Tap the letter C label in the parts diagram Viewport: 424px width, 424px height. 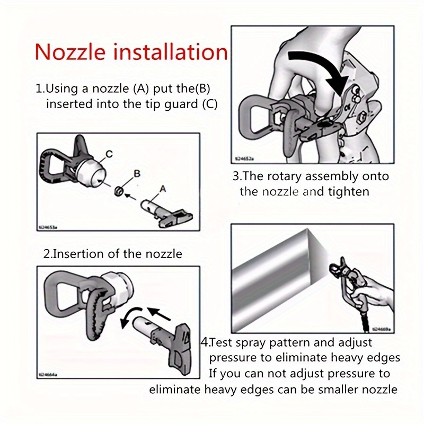(109, 154)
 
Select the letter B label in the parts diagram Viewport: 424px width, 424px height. (136, 173)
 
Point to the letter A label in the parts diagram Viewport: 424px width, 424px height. (162, 188)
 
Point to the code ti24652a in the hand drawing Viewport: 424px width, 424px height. (246, 158)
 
